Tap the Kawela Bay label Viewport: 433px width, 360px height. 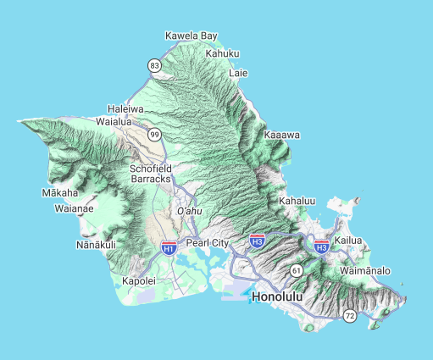[x=192, y=36]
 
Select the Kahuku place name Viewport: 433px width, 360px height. [x=223, y=53]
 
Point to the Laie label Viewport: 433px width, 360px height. [x=239, y=73]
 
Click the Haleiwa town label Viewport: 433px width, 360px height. [x=125, y=109]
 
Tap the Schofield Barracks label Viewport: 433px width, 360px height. [x=151, y=174]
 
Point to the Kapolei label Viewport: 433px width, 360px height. [x=139, y=280]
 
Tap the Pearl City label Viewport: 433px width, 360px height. [x=208, y=243]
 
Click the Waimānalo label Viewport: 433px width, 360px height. [x=365, y=270]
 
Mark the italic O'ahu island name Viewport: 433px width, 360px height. [x=189, y=211]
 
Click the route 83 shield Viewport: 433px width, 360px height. [x=154, y=65]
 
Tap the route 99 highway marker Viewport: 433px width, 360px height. [x=154, y=135]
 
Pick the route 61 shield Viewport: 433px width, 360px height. [x=296, y=269]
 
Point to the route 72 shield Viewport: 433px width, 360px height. [x=350, y=316]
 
